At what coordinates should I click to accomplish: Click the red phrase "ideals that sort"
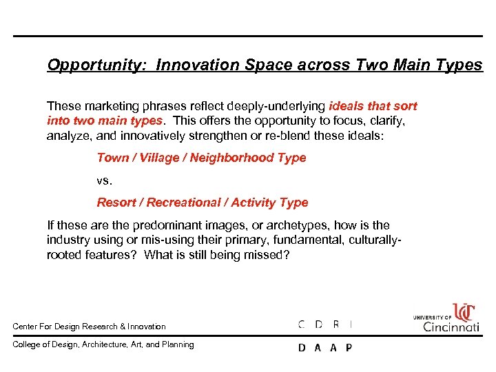[373, 106]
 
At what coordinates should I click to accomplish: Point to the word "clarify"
[386, 121]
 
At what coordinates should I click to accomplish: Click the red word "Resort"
[116, 203]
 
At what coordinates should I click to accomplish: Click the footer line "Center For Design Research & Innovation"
[89, 326]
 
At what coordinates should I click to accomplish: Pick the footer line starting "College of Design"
[103, 344]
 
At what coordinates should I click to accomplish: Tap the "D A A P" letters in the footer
[324, 347]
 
